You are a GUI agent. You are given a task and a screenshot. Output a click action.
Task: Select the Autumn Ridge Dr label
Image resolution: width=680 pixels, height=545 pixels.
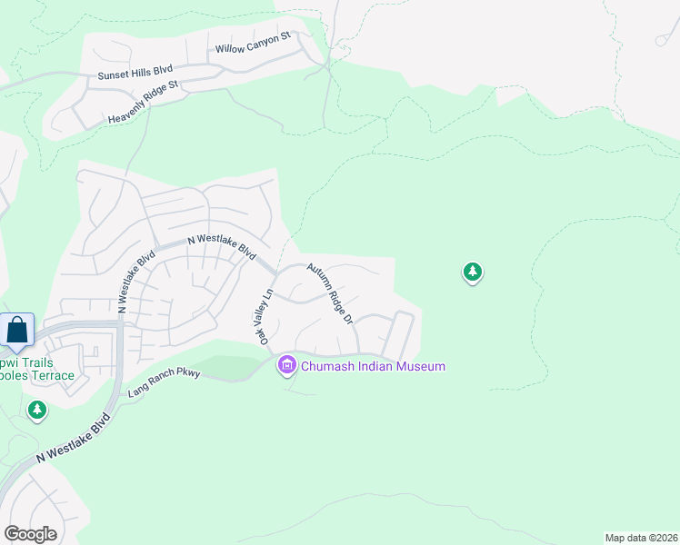pos(329,293)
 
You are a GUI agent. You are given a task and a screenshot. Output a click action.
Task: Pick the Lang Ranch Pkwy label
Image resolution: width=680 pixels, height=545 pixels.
pos(163,380)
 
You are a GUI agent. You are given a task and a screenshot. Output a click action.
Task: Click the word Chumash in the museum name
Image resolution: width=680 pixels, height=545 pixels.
pos(331,366)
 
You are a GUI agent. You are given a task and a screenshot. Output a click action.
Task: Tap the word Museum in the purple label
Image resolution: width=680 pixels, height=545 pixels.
pos(424,366)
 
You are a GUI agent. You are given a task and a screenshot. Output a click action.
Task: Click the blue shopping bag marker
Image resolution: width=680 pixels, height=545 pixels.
pos(17,330)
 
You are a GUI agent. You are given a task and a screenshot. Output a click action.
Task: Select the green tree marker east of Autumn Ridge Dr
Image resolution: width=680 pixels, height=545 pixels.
pos(472,271)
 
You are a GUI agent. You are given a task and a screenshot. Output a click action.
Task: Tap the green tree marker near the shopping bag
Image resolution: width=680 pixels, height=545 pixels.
pos(37,411)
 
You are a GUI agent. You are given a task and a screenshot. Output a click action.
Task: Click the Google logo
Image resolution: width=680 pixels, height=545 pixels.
pos(30,534)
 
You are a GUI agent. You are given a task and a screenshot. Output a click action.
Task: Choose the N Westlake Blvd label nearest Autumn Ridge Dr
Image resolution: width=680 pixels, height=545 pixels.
pos(222,245)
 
